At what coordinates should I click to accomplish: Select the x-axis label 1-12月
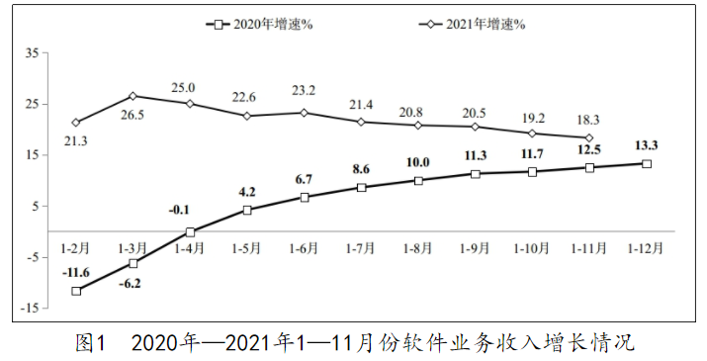tap(647, 247)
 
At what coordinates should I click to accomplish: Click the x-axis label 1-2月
tap(76, 247)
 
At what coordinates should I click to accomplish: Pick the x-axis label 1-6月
tap(304, 247)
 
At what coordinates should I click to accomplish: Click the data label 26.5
tap(133, 116)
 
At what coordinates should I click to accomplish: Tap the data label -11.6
tap(75, 272)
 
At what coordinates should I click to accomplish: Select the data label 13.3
tap(647, 144)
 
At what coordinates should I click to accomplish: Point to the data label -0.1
tap(180, 210)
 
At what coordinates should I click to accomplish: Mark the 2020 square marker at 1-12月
tap(647, 163)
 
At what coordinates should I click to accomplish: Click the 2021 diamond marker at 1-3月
tap(133, 96)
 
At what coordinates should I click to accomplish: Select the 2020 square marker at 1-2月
tap(76, 291)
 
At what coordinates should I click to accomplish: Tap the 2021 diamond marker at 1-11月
tap(589, 137)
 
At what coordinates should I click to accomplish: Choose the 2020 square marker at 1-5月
tap(247, 210)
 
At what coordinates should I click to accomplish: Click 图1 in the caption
tap(90, 343)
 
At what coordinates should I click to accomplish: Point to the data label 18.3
tap(588, 119)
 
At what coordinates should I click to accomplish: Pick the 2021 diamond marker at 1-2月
tap(76, 123)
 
